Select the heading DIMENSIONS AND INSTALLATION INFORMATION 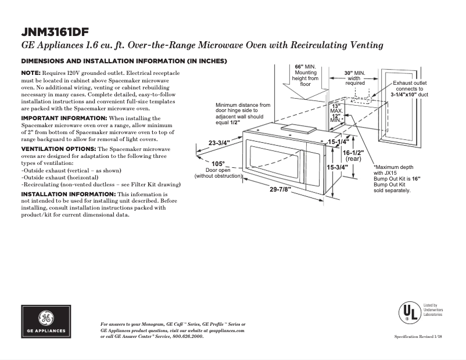(124, 61)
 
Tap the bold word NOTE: (31, 73)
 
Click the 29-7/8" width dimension (280, 189)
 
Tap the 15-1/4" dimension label (338, 142)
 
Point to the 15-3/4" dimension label (337, 167)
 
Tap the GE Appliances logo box (46, 322)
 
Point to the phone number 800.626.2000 (185, 336)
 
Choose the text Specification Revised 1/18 (418, 337)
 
